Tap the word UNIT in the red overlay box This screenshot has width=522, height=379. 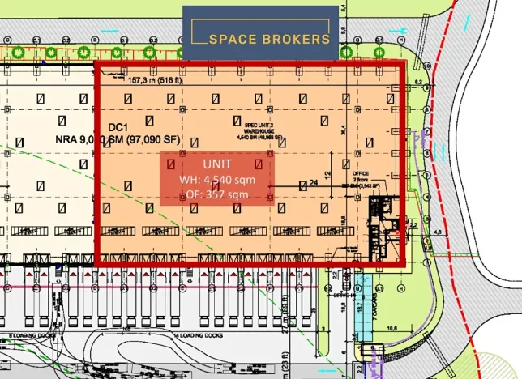[216, 164]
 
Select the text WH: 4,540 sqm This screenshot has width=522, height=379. [216, 179]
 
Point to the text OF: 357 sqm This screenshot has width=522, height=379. [216, 194]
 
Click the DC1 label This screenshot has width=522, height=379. [118, 127]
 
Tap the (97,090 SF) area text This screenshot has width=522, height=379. [149, 140]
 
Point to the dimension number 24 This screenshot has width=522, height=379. [313, 183]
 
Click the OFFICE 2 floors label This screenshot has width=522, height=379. [362, 177]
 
